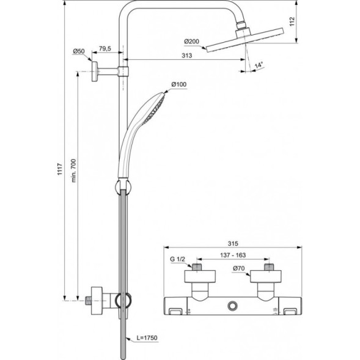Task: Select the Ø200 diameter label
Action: pyautogui.click(x=191, y=42)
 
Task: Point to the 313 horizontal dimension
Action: pyautogui.click(x=186, y=56)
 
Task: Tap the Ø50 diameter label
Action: pyautogui.click(x=78, y=51)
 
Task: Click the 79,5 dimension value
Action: pyautogui.click(x=106, y=49)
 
